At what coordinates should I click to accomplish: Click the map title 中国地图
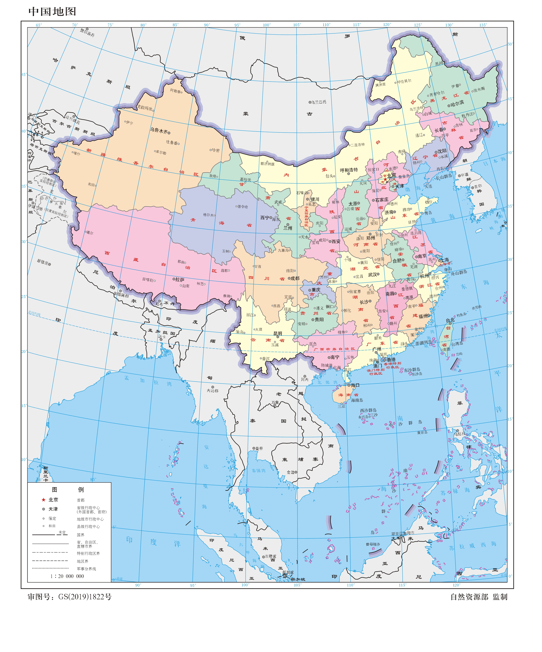pos(52,11)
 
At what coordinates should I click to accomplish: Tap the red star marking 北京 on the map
pos(385,179)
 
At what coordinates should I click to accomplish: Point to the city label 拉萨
pos(180,279)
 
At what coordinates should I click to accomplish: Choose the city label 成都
pos(295,278)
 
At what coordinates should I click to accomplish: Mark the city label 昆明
pos(278,333)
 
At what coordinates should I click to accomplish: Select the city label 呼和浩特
pos(349,170)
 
